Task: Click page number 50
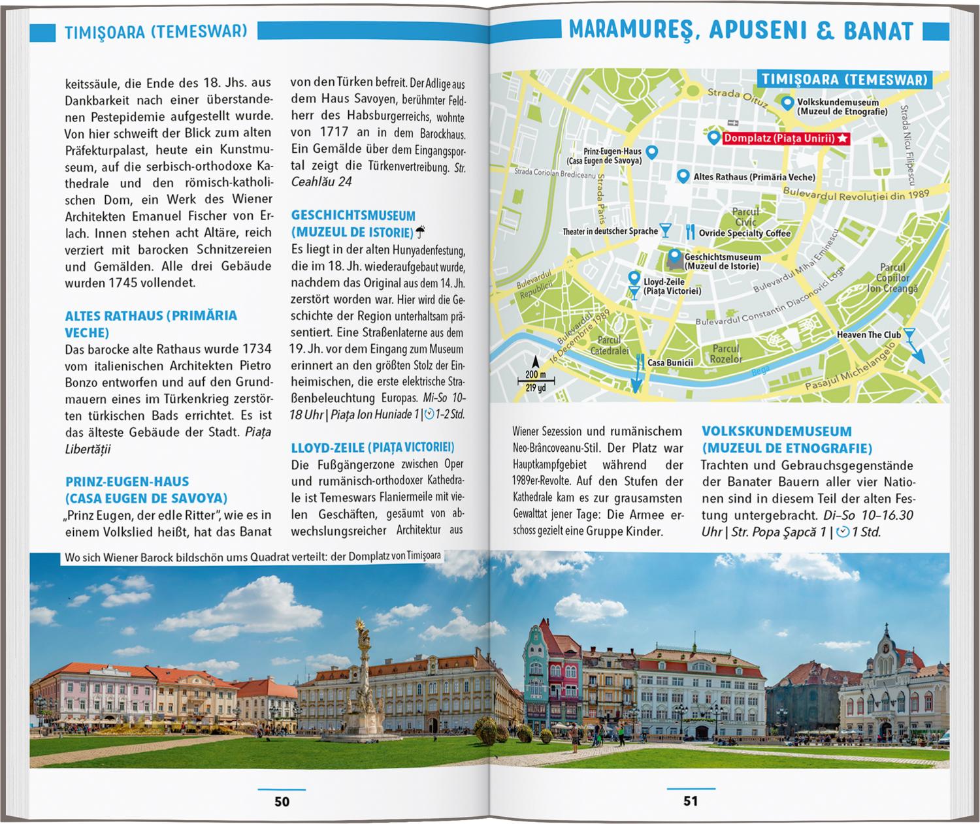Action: [282, 801]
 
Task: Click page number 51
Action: [691, 801]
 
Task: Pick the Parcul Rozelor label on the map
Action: [726, 354]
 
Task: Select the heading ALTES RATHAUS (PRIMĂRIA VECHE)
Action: [150, 324]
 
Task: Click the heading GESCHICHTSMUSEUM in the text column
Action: [353, 215]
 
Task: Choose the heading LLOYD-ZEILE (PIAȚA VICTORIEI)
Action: [372, 447]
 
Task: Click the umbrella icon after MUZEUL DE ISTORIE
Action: [421, 231]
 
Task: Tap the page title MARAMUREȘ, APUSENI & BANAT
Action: [740, 31]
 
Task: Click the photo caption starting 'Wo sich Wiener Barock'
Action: [252, 556]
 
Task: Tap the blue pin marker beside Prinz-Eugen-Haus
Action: [651, 152]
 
